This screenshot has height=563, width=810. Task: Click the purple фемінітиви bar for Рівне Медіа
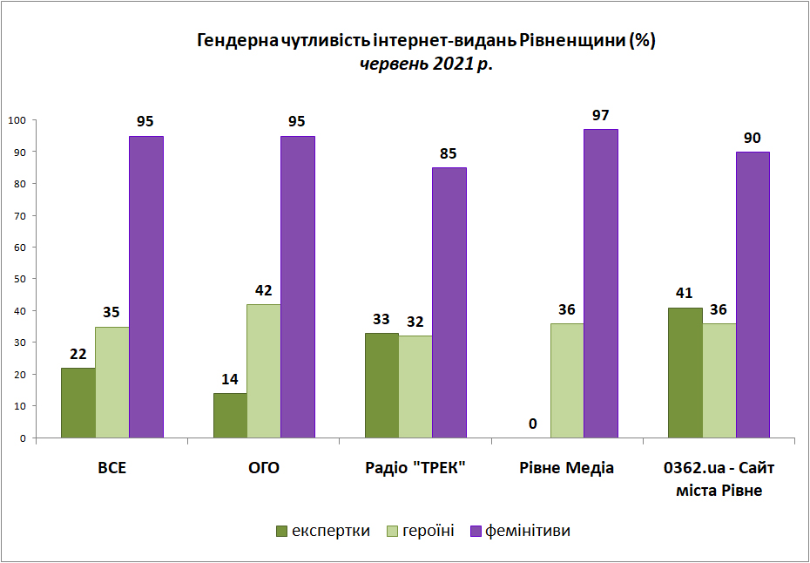click(601, 283)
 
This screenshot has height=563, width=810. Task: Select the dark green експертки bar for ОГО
click(230, 416)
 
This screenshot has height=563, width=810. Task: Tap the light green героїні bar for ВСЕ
click(112, 383)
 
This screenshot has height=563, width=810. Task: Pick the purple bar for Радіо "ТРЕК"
click(449, 302)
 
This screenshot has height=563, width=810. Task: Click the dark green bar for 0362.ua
click(685, 373)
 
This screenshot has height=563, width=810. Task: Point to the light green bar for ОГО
click(263, 371)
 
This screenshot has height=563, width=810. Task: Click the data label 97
click(601, 115)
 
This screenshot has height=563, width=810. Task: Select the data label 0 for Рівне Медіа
click(533, 424)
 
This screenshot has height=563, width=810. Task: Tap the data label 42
click(263, 290)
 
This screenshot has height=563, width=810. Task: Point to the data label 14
click(230, 379)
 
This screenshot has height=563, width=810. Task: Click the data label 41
click(685, 294)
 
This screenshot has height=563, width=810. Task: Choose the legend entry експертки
click(323, 531)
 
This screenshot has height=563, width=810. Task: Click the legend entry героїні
click(421, 531)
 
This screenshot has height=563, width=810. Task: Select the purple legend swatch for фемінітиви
click(476, 531)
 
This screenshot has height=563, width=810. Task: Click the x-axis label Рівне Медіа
click(566, 469)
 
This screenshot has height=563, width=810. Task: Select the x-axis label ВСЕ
click(112, 469)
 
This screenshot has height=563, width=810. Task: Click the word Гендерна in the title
click(237, 41)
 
